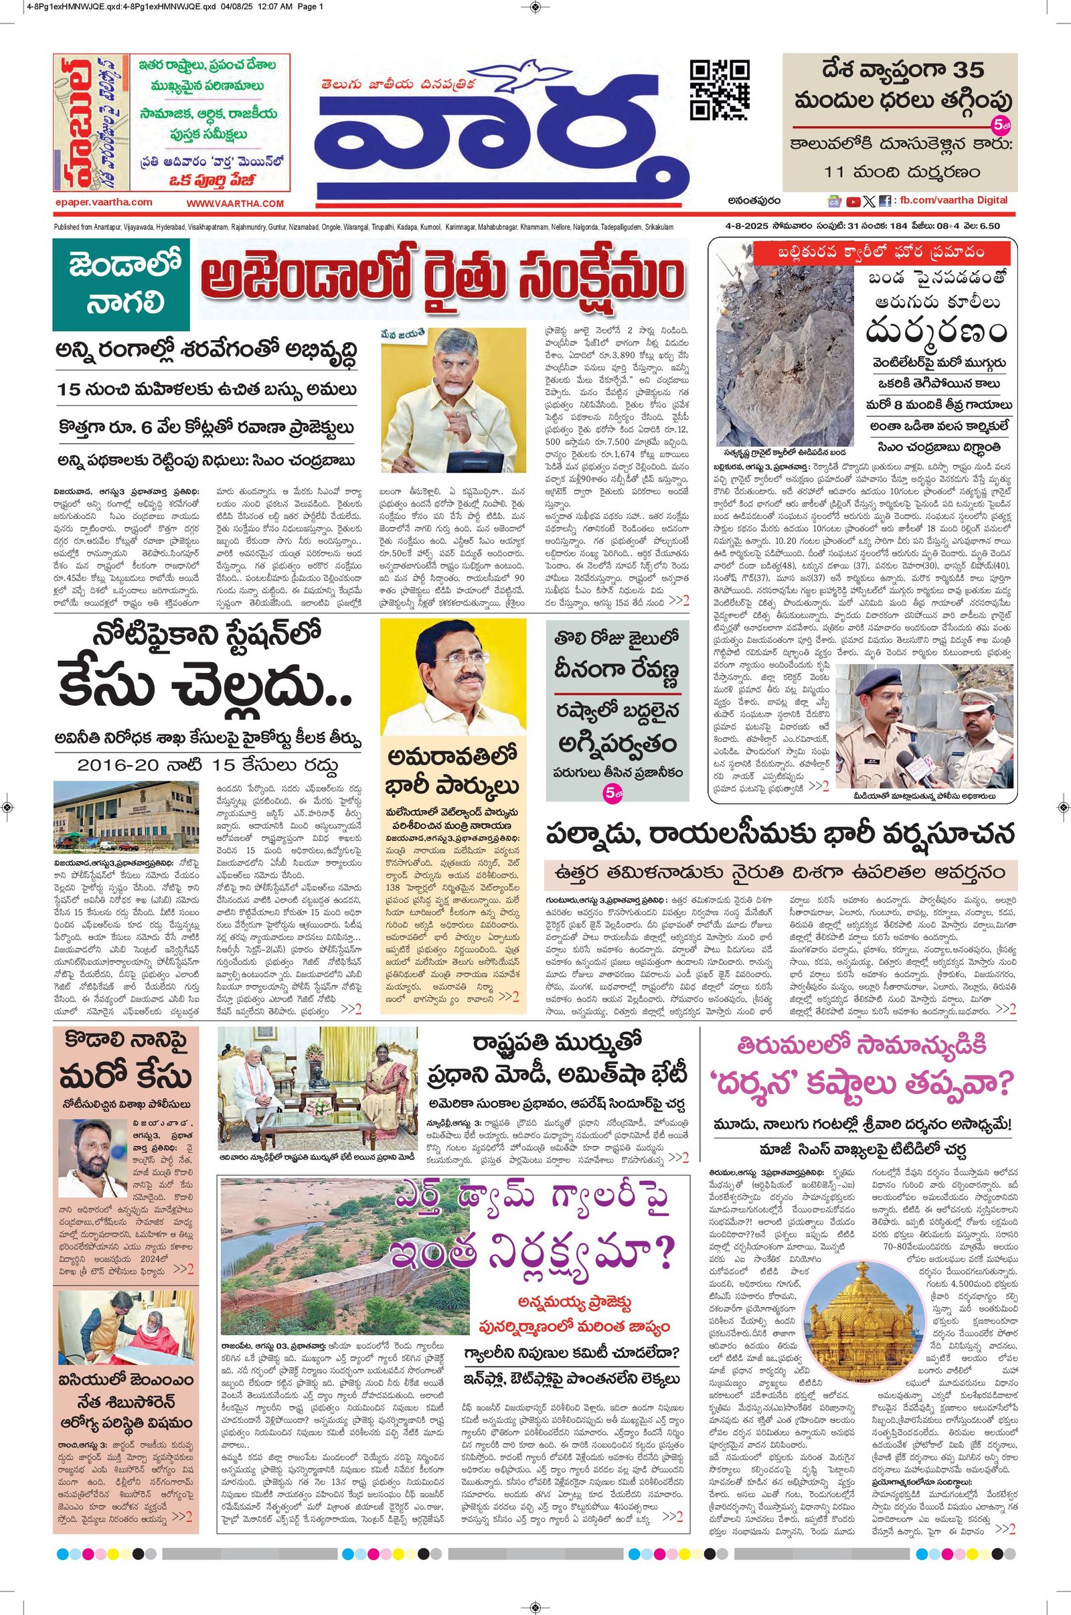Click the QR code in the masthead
click(x=719, y=90)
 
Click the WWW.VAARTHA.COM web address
click(x=235, y=204)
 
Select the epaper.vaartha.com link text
click(x=104, y=202)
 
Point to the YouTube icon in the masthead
click(x=853, y=202)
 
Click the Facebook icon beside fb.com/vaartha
click(x=885, y=202)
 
